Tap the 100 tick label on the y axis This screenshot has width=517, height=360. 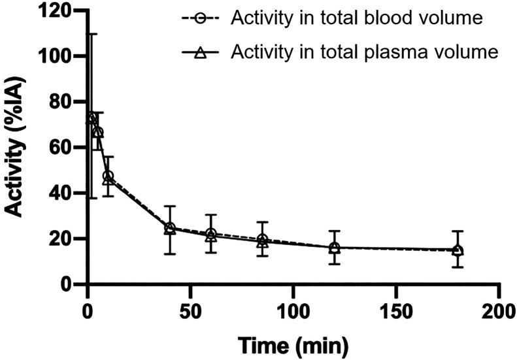click(x=58, y=57)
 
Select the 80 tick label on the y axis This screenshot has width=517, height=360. click(x=63, y=103)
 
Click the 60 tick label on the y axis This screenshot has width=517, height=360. click(x=63, y=148)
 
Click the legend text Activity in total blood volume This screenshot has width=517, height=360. click(x=356, y=18)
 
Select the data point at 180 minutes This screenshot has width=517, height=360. click(x=458, y=250)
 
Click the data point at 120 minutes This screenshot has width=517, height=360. click(x=334, y=248)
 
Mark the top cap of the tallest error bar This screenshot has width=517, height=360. click(x=91, y=34)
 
